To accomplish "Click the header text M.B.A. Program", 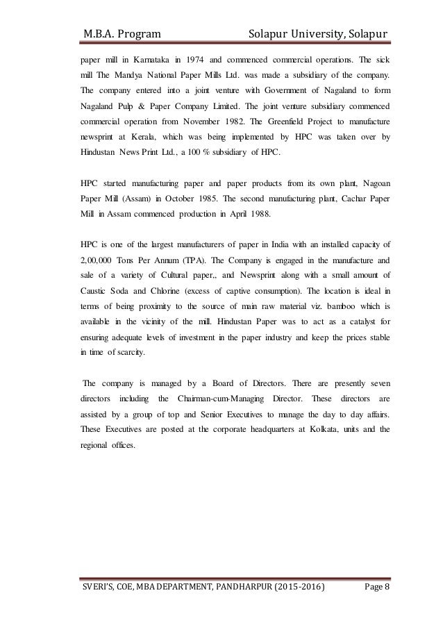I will click(120, 33).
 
